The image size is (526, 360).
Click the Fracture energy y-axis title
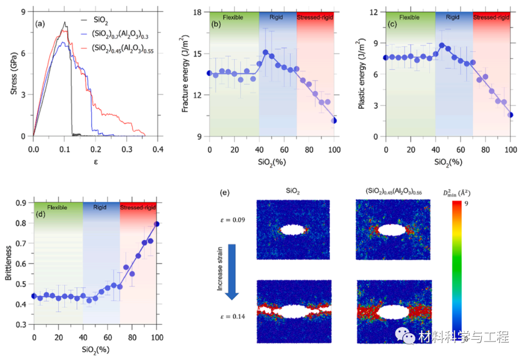(186, 74)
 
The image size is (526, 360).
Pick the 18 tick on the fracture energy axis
(199, 12)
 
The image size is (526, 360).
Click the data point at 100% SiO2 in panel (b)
(334, 120)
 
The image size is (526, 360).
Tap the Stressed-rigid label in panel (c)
(491, 18)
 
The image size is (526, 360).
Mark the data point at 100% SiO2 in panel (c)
(510, 115)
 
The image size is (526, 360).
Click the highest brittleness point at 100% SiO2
(157, 224)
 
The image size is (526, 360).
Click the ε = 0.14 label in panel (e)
(233, 316)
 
